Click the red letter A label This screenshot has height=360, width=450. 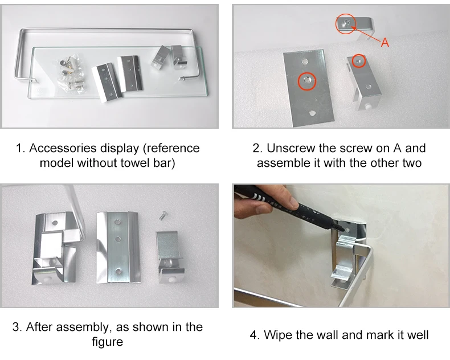(385, 43)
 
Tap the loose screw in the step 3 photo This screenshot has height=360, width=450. (163, 215)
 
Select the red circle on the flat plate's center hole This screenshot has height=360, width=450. (307, 81)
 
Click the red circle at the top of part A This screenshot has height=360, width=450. (346, 24)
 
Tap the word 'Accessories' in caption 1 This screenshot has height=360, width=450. (63, 148)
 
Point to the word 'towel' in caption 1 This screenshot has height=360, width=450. (134, 163)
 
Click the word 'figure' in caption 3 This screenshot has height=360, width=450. (107, 342)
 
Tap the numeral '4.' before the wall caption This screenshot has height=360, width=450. (255, 335)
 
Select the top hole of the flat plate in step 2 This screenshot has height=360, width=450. (305, 62)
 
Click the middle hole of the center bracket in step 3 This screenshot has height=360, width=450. (117, 239)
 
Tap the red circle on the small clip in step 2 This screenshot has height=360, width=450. (359, 61)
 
